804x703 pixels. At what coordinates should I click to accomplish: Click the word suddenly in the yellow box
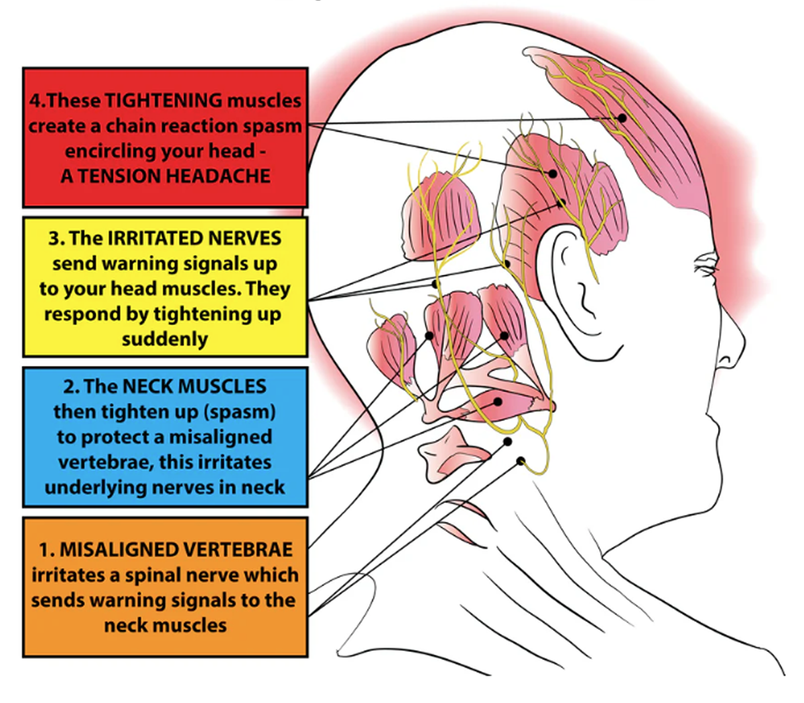(165, 339)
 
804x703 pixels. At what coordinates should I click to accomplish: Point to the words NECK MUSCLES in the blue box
(194, 387)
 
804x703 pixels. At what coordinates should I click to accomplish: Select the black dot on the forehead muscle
(622, 118)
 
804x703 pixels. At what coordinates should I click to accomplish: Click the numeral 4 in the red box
(34, 101)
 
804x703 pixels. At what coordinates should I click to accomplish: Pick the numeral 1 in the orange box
(45, 550)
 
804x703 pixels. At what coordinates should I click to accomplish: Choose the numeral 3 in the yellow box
(54, 239)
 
